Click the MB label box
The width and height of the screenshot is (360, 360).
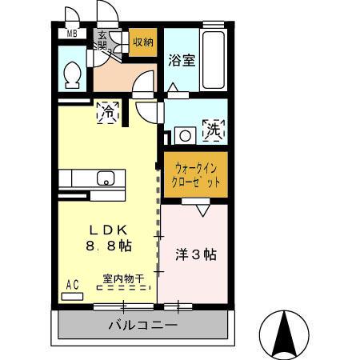click(x=71, y=34)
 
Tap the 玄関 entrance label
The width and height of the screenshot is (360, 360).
click(x=103, y=39)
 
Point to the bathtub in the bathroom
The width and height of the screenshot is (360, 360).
click(x=214, y=56)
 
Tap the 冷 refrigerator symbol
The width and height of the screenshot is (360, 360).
click(x=106, y=113)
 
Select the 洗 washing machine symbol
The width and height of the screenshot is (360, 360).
click(x=214, y=130)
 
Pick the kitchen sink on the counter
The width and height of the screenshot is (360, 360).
click(x=105, y=178)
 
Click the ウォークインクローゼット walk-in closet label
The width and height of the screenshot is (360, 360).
click(x=195, y=174)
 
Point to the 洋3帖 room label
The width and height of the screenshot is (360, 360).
click(x=196, y=255)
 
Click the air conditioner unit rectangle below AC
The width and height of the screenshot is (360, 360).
click(x=71, y=295)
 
